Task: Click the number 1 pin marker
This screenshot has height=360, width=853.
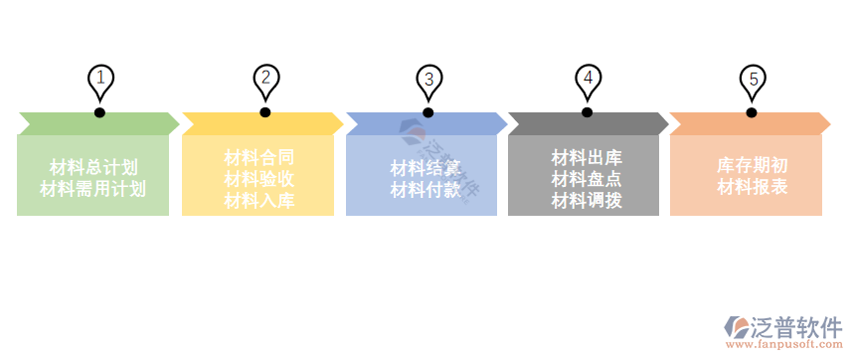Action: (x=100, y=80)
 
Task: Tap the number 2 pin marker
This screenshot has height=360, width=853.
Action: (x=265, y=79)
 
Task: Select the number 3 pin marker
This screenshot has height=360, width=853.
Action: (x=428, y=81)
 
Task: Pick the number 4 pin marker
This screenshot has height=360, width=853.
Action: (x=588, y=79)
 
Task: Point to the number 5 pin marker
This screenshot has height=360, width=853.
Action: (x=753, y=81)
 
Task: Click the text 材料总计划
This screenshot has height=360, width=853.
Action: (x=93, y=166)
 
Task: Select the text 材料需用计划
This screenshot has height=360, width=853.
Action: (x=93, y=187)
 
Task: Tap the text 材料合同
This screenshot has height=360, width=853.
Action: (x=258, y=156)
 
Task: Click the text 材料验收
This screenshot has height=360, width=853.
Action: (x=258, y=179)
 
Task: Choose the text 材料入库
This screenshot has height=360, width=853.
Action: (x=258, y=201)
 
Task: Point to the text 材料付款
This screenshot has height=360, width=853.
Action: (x=425, y=189)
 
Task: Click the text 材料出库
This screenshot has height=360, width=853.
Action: (x=587, y=157)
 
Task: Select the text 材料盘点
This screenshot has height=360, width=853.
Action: (x=587, y=179)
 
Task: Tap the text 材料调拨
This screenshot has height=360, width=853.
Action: (x=587, y=201)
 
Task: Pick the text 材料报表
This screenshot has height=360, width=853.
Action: (x=753, y=187)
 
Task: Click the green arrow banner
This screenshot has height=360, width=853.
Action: (x=97, y=123)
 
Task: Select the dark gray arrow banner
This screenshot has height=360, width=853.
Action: (x=588, y=123)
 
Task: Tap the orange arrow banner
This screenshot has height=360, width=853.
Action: (x=751, y=123)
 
